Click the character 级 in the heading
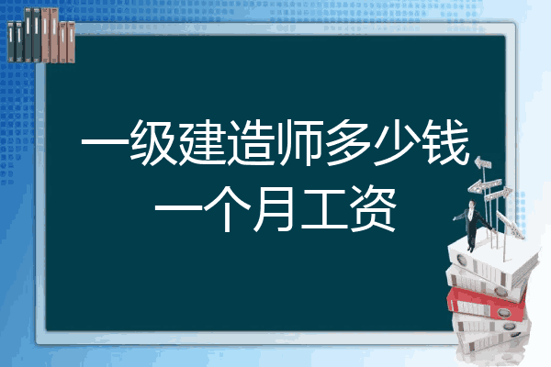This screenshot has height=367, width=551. point(152,142)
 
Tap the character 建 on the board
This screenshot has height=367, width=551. point(202,142)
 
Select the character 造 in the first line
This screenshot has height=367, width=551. point(251,142)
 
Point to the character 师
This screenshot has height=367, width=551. point(299,142)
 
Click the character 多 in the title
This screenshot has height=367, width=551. point(348,142)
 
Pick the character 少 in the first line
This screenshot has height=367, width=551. point(397,142)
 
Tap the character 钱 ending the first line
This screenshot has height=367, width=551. point(446,142)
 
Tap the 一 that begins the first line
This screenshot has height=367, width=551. point(105,142)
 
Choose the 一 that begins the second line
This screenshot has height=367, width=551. point(178,208)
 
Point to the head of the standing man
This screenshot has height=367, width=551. point(472,204)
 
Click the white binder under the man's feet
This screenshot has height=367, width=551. point(492,261)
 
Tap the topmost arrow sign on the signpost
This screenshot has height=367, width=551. point(483,162)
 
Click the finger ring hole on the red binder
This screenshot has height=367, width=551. point(503,312)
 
